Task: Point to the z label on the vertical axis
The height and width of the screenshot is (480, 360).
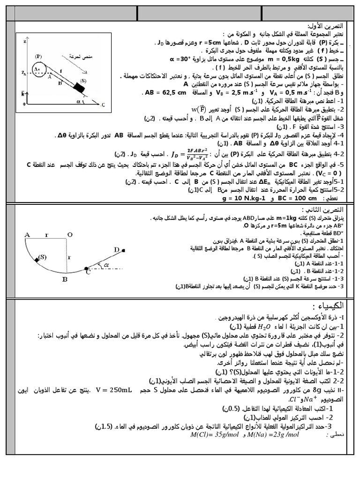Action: pyautogui.click(x=23, y=42)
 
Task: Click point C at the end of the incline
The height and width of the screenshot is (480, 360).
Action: pyautogui.click(x=103, y=105)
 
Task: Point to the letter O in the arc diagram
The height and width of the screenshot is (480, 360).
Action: pyautogui.click(x=69, y=235)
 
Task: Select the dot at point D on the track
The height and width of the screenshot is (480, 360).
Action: pyautogui.click(x=123, y=251)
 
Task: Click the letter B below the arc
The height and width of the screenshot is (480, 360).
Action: pyautogui.click(x=66, y=279)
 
